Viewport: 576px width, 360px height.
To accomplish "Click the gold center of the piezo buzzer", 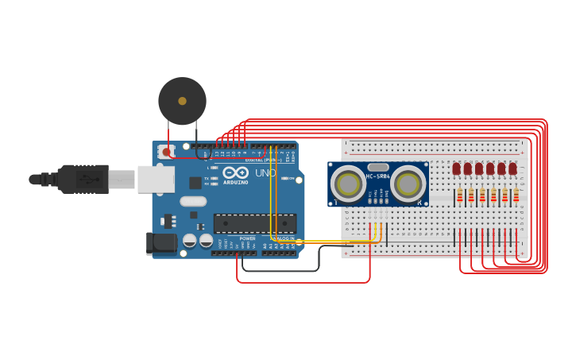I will tap(182, 101).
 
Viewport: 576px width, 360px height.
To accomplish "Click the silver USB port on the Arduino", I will tap(155, 180).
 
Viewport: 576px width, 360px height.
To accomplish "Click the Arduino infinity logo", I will tap(235, 172).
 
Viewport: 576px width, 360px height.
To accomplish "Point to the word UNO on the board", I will tap(265, 172).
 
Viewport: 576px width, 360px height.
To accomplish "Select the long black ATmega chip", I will tap(254, 223).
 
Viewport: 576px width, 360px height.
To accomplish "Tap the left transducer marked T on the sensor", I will tap(348, 184).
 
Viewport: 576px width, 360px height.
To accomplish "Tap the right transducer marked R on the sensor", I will tap(408, 184).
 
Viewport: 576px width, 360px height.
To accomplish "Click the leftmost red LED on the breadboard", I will tap(457, 168).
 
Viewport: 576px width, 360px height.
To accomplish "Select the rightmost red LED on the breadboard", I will tap(512, 168).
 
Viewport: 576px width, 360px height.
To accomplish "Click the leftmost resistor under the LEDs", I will tap(459, 195).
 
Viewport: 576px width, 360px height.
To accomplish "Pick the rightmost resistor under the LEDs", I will tap(516, 195).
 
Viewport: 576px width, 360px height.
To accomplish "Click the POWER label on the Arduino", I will tap(247, 238).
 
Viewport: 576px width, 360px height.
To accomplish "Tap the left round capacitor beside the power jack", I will tap(190, 240).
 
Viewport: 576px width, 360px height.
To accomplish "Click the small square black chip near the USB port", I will tap(195, 183).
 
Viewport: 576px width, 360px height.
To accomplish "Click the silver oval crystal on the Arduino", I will tap(193, 202).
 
